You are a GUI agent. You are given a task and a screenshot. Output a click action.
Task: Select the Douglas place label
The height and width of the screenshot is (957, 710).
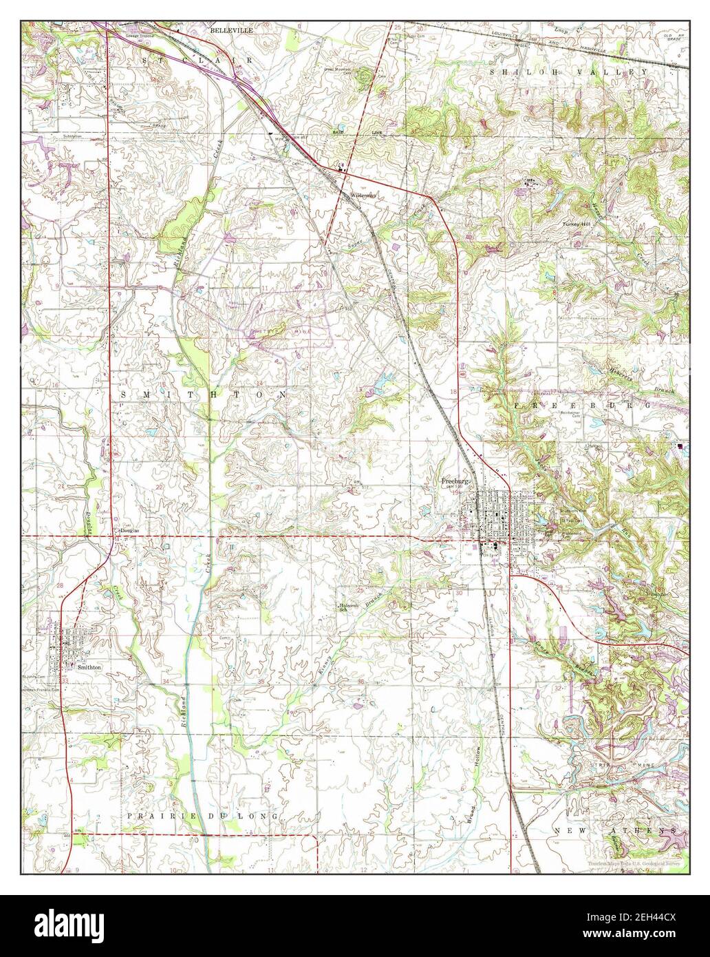coord(130,531)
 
